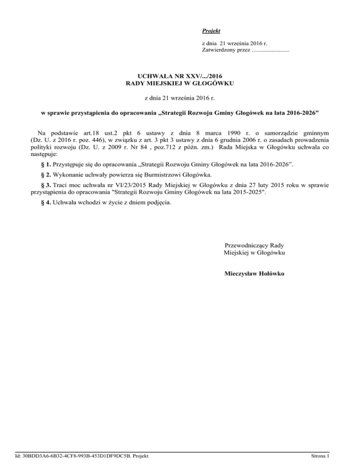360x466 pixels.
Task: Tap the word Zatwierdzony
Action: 221,50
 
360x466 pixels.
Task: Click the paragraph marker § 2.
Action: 46,176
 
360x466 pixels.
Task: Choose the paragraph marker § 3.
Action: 46,188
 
